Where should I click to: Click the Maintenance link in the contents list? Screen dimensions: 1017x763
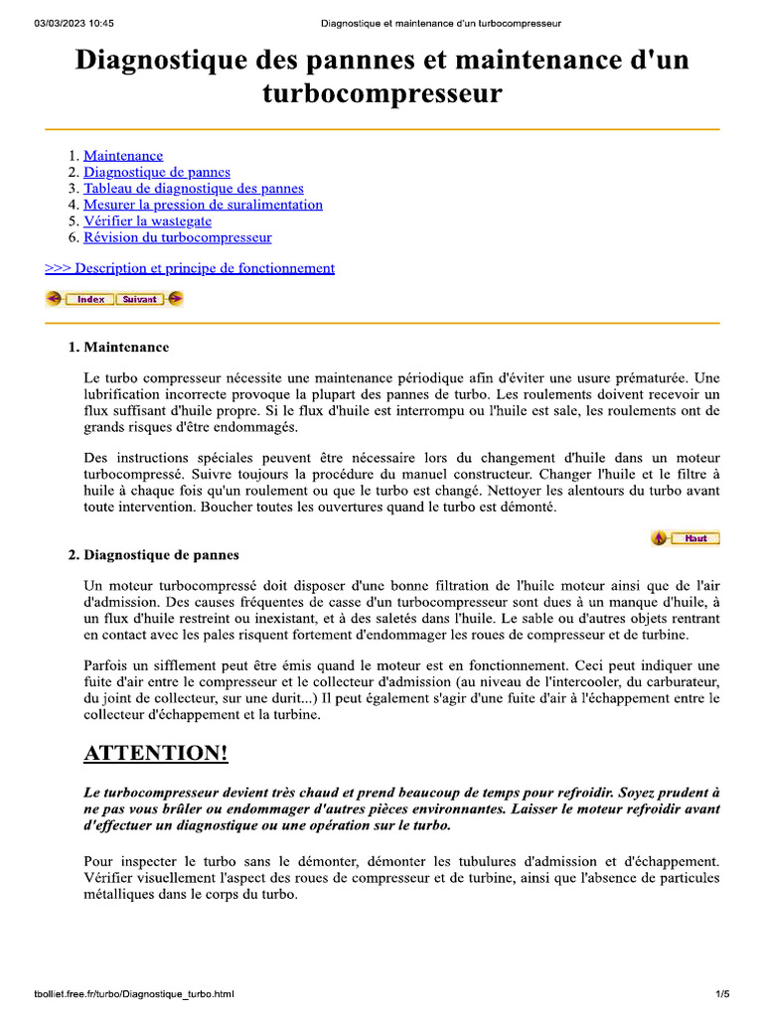(x=123, y=156)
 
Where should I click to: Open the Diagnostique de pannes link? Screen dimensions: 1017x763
(x=156, y=172)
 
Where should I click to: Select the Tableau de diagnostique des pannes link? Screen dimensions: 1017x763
(x=193, y=188)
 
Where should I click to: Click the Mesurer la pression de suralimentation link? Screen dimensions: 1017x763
(x=203, y=205)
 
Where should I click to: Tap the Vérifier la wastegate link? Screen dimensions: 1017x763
(x=147, y=221)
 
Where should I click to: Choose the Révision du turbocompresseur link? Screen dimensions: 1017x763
(x=177, y=237)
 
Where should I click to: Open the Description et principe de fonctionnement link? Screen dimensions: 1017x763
(x=190, y=268)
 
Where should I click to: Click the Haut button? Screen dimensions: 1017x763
(x=694, y=538)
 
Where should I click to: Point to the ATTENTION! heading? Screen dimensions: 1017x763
(x=155, y=754)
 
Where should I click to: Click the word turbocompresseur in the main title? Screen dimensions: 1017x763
(x=382, y=94)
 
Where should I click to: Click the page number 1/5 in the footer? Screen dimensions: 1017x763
(x=722, y=993)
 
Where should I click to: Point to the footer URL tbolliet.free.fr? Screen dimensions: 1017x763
(x=133, y=993)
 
